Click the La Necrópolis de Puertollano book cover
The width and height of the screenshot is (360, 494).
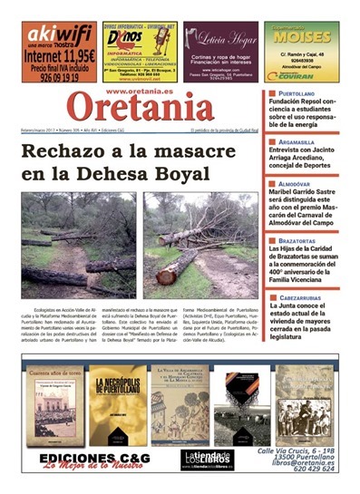(118, 404)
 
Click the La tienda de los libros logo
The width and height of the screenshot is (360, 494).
(207, 459)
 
